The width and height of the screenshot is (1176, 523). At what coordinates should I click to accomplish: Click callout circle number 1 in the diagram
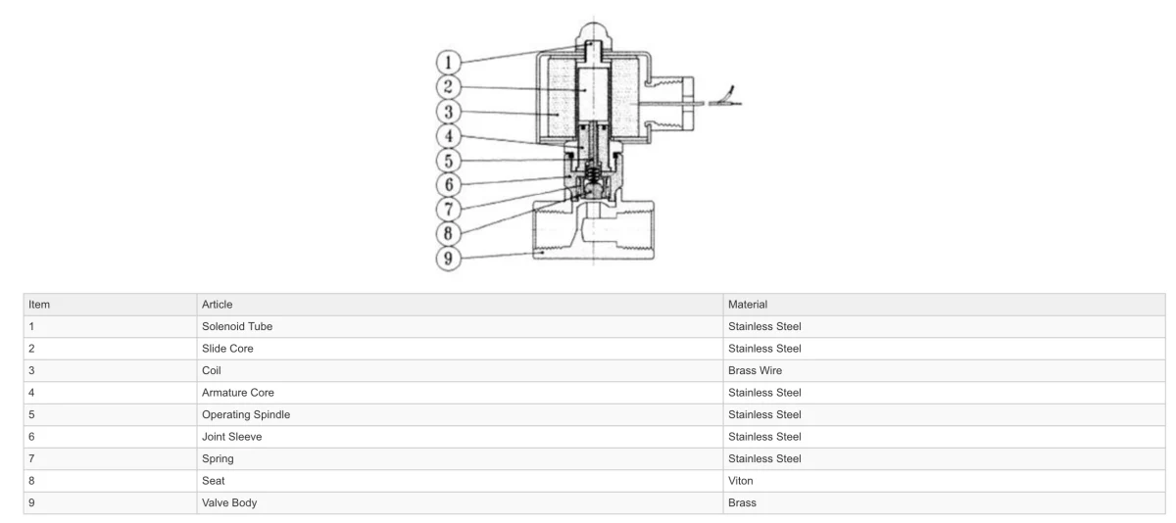449,63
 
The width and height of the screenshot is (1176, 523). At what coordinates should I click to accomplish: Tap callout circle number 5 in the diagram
449,161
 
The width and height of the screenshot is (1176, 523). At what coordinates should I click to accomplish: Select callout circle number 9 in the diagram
449,259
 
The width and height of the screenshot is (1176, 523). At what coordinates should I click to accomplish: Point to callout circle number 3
449,112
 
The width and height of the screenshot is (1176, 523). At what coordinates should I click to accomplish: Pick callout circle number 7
449,210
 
